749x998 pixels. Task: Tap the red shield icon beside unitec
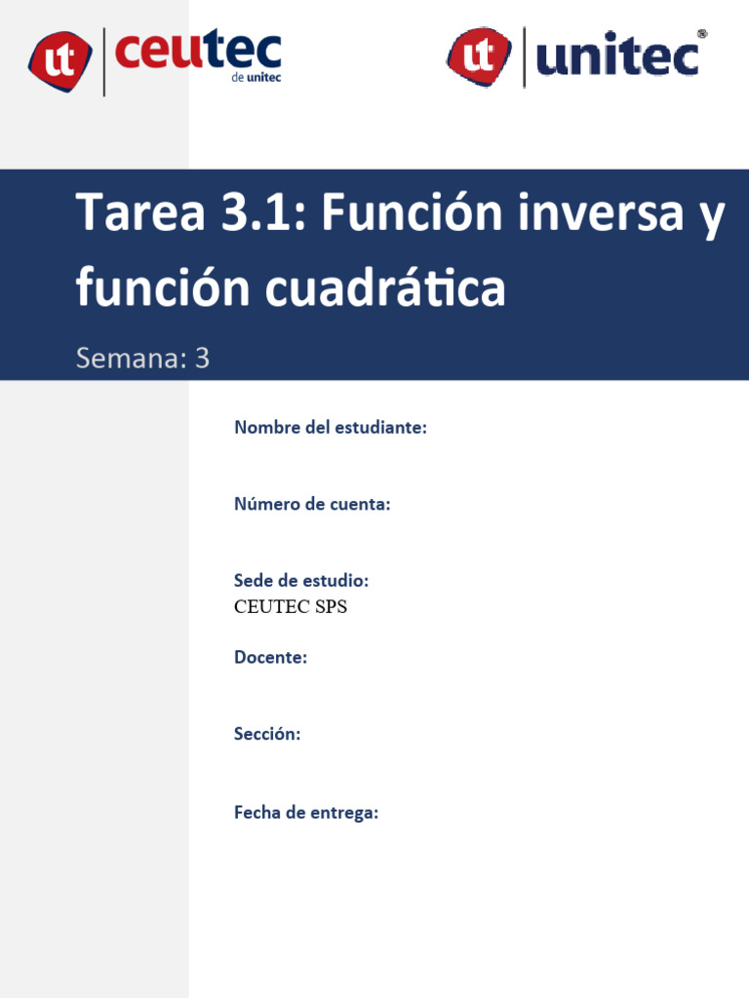coord(479,55)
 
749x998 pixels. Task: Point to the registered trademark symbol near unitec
coord(702,34)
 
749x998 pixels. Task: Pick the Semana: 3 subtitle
coord(143,359)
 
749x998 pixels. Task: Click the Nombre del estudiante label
coord(331,427)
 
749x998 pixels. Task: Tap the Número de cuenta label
coord(312,504)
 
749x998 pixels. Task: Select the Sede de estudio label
coord(301,581)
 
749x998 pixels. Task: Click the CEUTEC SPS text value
coord(291,607)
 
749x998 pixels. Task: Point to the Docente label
coord(270,658)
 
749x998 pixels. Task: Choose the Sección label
coord(267,735)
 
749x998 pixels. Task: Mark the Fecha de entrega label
coord(306,813)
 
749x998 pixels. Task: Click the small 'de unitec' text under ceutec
coord(256,78)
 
